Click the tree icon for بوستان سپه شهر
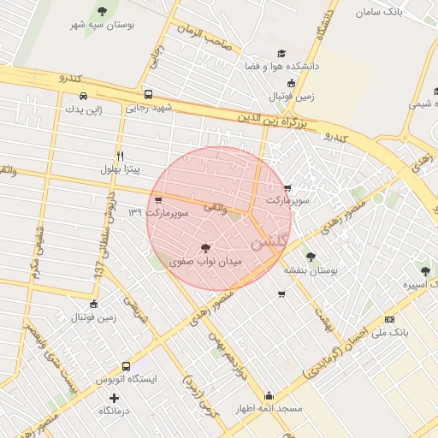(x=103, y=12)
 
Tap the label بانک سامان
(x=381, y=13)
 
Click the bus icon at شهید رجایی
(x=149, y=95)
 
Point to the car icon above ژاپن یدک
(x=83, y=96)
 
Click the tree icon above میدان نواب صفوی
(x=204, y=248)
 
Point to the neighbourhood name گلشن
(x=271, y=240)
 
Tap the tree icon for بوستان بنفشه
(x=311, y=256)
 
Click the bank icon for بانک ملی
(x=390, y=319)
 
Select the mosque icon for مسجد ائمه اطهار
(x=269, y=396)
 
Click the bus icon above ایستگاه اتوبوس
(x=126, y=366)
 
